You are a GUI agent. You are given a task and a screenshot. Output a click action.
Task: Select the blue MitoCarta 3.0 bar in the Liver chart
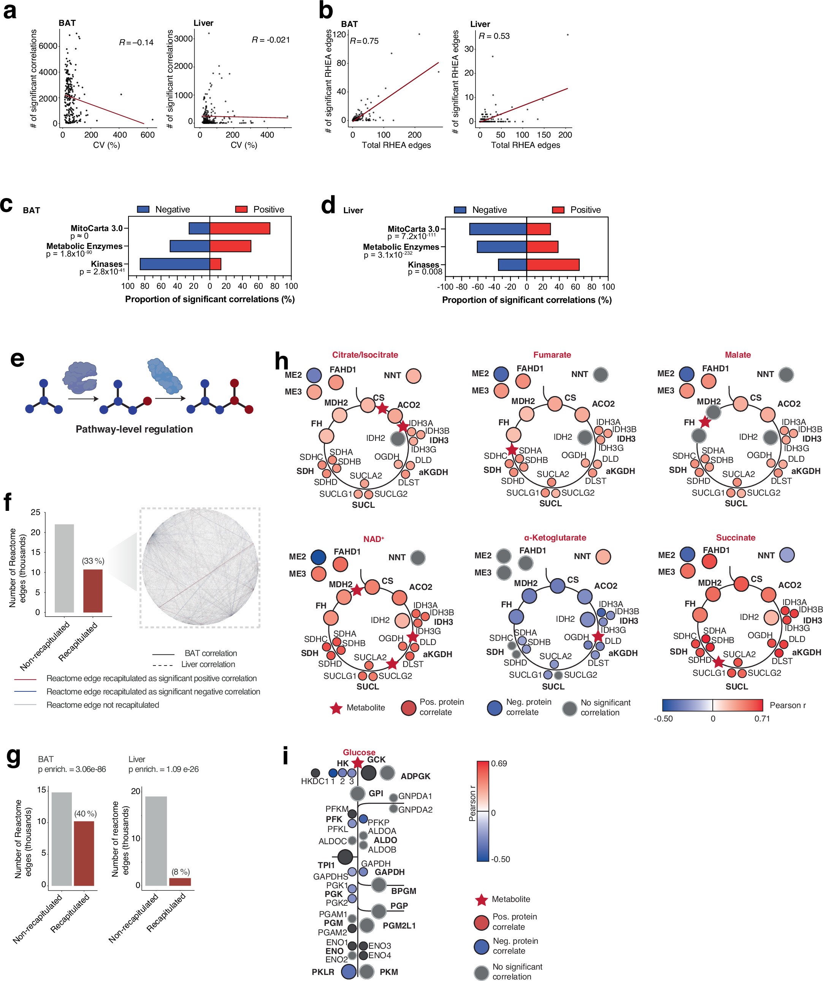(498, 229)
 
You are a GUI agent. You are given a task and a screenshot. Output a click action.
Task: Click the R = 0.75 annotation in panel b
(364, 41)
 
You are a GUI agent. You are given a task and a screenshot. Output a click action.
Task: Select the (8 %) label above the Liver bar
(180, 872)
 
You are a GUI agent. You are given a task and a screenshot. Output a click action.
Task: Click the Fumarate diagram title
(552, 355)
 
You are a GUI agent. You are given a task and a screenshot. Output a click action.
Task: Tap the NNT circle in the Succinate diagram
(787, 555)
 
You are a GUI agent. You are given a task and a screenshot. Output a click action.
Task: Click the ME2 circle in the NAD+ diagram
(318, 557)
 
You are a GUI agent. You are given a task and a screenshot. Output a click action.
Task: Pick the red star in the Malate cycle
(704, 422)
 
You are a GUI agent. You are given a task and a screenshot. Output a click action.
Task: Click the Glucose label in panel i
(359, 752)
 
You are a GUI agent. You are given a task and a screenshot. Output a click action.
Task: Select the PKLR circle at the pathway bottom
(349, 971)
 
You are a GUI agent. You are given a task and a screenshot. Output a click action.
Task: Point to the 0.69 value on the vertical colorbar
(499, 763)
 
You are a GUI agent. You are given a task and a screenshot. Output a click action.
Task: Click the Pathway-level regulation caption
(134, 429)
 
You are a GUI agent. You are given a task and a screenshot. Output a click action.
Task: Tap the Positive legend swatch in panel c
(241, 209)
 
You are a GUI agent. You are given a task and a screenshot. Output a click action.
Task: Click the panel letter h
(282, 361)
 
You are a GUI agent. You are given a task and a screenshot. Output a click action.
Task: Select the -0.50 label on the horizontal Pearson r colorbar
(663, 718)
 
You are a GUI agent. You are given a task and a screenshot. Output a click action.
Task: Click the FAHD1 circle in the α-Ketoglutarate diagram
(525, 563)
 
